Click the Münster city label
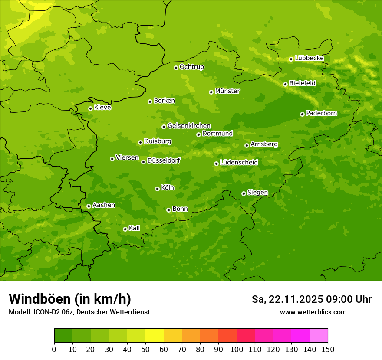(x=227, y=91)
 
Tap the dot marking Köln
(x=157, y=189)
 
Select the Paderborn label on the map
(x=322, y=113)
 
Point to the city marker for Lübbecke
(x=291, y=59)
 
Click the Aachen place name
(x=104, y=205)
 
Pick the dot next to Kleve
(x=90, y=108)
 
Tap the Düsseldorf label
(x=164, y=160)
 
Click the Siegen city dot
(x=244, y=193)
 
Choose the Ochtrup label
(x=192, y=67)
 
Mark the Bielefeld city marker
(x=285, y=84)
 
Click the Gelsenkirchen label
(x=189, y=126)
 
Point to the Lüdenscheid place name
(x=239, y=163)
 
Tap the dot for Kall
(x=125, y=229)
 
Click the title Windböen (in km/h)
(x=70, y=299)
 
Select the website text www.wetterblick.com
(x=313, y=312)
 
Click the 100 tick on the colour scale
(x=237, y=349)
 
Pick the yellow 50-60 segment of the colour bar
(x=155, y=335)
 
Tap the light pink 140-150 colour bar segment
(x=319, y=335)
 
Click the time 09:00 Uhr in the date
(x=347, y=299)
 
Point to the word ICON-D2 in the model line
(x=46, y=312)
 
